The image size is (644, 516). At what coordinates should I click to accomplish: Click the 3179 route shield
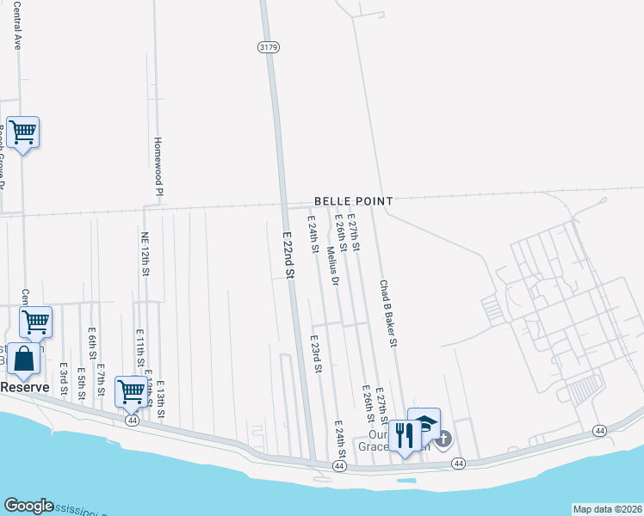(268, 48)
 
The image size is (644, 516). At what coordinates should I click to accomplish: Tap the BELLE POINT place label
(353, 201)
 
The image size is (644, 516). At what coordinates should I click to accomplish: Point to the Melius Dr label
(333, 267)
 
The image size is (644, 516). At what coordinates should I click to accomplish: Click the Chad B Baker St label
(388, 313)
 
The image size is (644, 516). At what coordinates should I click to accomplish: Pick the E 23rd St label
(316, 354)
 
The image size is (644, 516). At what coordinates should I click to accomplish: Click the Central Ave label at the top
(16, 30)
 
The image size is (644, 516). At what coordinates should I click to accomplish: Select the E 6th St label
(91, 343)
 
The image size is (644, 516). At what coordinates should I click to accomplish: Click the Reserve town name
(24, 388)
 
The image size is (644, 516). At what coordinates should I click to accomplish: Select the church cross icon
(443, 439)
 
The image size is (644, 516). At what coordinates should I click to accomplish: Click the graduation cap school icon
(424, 423)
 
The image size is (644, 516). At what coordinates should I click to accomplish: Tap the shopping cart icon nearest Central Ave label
(22, 132)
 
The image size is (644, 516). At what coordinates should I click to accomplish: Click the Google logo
(28, 506)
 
